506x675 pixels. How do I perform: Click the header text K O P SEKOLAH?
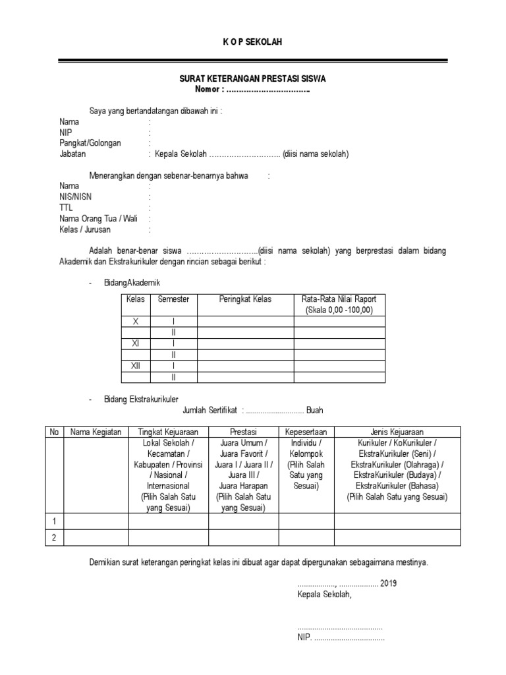coord(252,42)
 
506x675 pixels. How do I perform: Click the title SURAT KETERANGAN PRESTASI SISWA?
coord(252,78)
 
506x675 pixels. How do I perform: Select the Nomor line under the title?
coord(252,89)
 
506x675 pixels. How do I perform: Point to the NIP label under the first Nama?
coord(65,132)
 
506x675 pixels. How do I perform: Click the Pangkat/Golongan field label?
coord(90,143)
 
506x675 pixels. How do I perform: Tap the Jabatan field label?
coord(72,154)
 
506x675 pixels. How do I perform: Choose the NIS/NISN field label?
coord(74,196)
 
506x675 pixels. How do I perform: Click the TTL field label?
coord(65,208)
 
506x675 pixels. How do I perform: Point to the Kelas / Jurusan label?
coord(85,229)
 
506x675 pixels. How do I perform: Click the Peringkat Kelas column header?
coord(245,299)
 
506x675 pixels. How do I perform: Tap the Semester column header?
coord(173,299)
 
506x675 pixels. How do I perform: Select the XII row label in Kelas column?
coord(136,365)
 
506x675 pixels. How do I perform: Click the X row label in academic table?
coord(136,321)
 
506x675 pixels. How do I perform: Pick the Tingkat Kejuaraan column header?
coord(169,432)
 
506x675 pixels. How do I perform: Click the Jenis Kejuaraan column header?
coord(397,432)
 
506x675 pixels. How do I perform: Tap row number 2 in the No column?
coord(54,538)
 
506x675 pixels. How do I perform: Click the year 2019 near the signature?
coord(389,583)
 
